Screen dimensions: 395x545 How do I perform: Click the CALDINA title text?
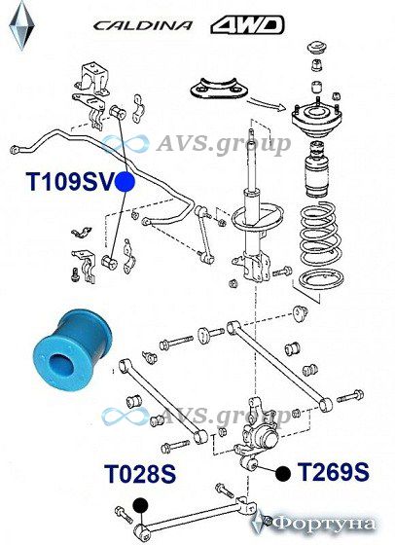pyautogui.click(x=142, y=25)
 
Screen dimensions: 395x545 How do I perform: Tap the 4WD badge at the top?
pyautogui.click(x=247, y=25)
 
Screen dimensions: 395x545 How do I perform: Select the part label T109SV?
pyautogui.click(x=70, y=181)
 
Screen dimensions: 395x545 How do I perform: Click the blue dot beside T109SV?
pyautogui.click(x=126, y=182)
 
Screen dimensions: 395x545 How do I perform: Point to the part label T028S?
pyautogui.click(x=140, y=473)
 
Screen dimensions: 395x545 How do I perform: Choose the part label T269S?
pyautogui.click(x=333, y=472)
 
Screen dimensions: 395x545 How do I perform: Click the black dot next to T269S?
pyautogui.click(x=283, y=473)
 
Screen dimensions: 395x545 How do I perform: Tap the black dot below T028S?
pyautogui.click(x=140, y=505)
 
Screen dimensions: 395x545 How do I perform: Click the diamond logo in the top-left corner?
pyautogui.click(x=21, y=25)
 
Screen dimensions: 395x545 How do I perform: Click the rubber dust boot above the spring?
pyautogui.click(x=317, y=168)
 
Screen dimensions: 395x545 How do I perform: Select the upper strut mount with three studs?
pyautogui.click(x=316, y=119)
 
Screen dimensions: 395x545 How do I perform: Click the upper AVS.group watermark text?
pyautogui.click(x=223, y=144)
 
